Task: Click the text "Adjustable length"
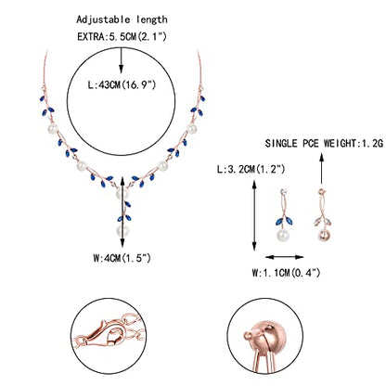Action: click(x=122, y=19)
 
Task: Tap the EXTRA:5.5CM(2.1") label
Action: click(x=122, y=36)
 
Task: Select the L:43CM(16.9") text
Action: click(x=122, y=84)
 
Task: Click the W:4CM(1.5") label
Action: click(x=122, y=258)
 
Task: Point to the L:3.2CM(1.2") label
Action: click(x=251, y=169)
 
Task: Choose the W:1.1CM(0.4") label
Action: click(x=286, y=273)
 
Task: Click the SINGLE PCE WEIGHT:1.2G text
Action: click(x=324, y=144)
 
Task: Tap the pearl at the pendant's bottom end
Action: click(x=122, y=231)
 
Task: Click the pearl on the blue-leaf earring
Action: click(x=283, y=235)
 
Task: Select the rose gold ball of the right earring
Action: click(x=324, y=235)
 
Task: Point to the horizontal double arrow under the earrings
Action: click(x=285, y=257)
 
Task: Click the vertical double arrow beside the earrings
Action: click(x=254, y=215)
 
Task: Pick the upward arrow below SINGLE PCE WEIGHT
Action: click(x=322, y=169)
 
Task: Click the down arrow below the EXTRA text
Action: click(x=122, y=60)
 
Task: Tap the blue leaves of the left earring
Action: click(x=284, y=221)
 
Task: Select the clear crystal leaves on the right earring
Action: click(x=323, y=222)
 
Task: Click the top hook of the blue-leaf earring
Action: click(x=283, y=191)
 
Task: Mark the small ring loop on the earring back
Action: click(x=247, y=335)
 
